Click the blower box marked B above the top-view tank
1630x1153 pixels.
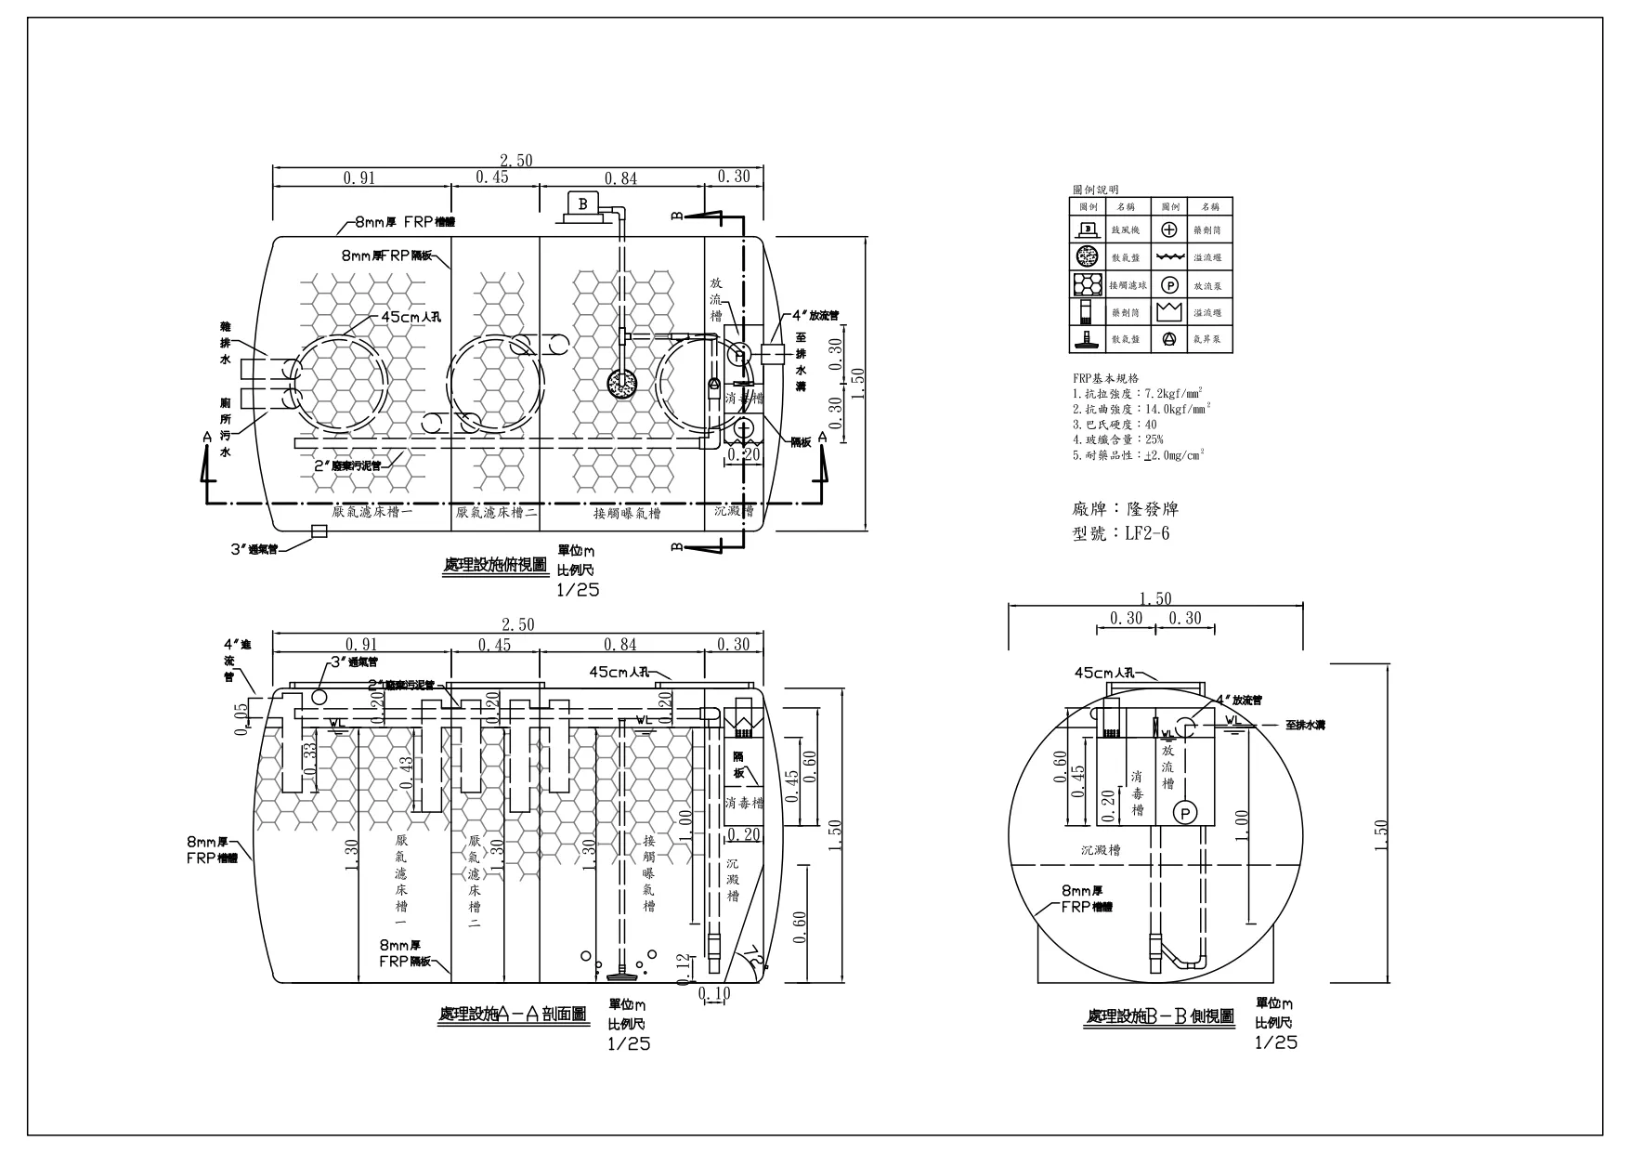tap(582, 203)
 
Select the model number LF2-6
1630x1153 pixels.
tap(1147, 533)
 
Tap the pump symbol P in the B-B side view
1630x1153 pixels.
tap(1186, 812)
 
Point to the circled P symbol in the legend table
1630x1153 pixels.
tap(1170, 285)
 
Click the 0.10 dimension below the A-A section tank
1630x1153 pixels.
tap(713, 994)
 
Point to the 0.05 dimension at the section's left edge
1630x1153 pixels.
tap(242, 718)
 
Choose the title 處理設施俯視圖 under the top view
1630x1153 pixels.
tap(495, 565)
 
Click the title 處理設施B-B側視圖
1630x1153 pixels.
tap(1160, 1017)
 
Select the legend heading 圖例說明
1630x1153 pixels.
tap(1096, 190)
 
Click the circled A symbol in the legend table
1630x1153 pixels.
tap(1170, 339)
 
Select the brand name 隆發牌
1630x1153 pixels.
tap(1152, 509)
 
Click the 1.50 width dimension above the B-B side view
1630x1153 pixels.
tap(1155, 599)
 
